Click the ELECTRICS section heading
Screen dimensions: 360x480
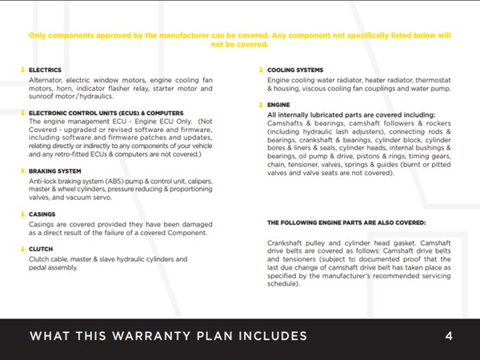tap(45, 70)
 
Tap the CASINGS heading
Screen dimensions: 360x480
tap(42, 214)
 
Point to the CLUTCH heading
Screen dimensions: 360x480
tap(41, 249)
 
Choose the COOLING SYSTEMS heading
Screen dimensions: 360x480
tap(295, 70)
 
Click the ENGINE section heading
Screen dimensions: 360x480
tap(278, 105)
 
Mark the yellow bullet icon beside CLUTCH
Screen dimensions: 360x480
tap(22, 249)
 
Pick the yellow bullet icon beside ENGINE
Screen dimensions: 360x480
tap(260, 105)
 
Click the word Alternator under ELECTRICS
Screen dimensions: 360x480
tap(47, 81)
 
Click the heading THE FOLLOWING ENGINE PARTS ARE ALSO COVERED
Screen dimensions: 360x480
tap(346, 222)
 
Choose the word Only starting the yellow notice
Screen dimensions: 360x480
tap(38, 36)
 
